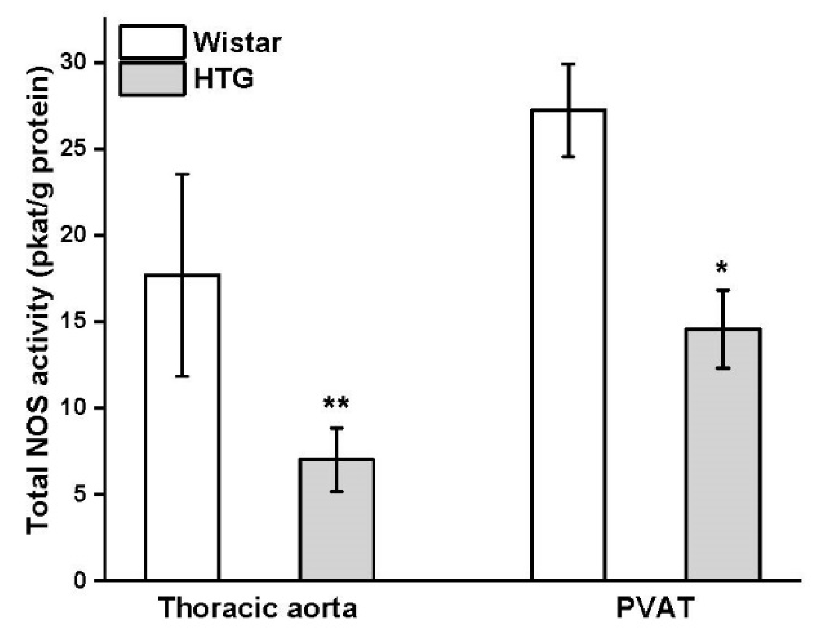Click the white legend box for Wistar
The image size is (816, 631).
152,42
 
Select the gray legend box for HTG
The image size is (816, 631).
152,79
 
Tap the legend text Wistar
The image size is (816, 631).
237,43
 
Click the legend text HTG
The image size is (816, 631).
224,79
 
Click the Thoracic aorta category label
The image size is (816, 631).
258,608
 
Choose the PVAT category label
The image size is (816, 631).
655,608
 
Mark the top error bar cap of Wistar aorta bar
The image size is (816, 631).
182,174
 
